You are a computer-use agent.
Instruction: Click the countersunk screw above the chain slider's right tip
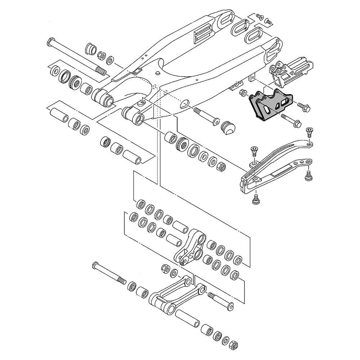click(x=309, y=132)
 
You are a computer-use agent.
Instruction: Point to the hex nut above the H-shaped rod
click(x=165, y=269)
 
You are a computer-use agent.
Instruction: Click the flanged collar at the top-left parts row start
click(x=90, y=49)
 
